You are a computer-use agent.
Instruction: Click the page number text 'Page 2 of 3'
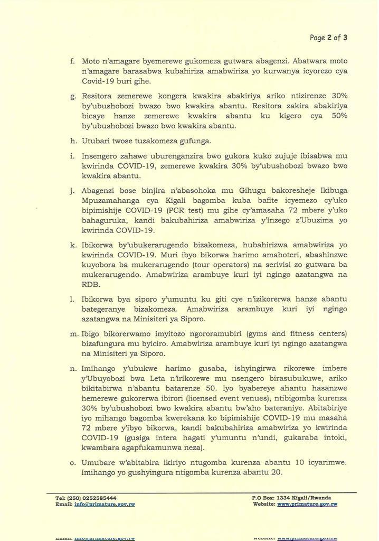click(x=328, y=38)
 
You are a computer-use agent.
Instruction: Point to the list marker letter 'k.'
click(x=73, y=246)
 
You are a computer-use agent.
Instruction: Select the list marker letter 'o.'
click(x=73, y=462)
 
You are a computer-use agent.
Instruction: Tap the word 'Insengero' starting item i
click(x=100, y=156)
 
